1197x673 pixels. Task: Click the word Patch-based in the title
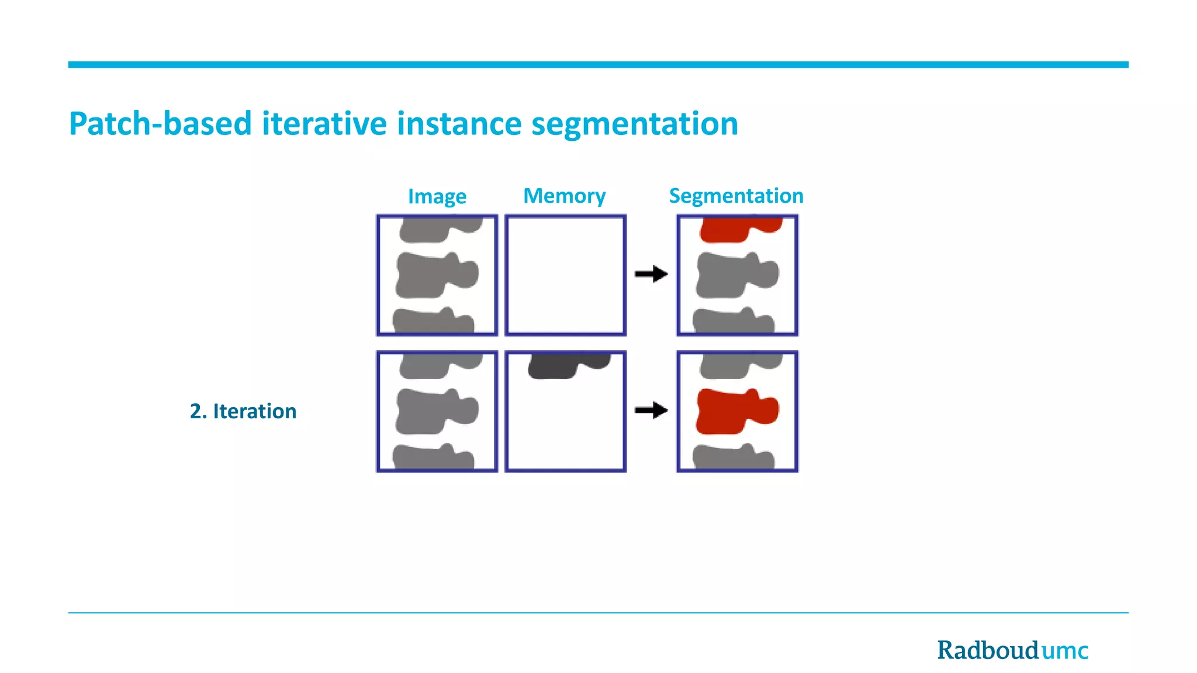160,124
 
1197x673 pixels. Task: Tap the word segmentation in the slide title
634,124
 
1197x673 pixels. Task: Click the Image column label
437,196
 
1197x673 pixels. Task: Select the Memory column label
564,196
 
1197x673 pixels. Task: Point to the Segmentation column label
736,196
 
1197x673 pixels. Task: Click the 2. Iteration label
243,411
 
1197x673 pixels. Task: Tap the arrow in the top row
651,274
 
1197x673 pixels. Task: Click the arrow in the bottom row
651,410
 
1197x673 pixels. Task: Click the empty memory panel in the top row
565,275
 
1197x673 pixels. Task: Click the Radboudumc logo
1012,650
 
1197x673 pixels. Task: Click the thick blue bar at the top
598,65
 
